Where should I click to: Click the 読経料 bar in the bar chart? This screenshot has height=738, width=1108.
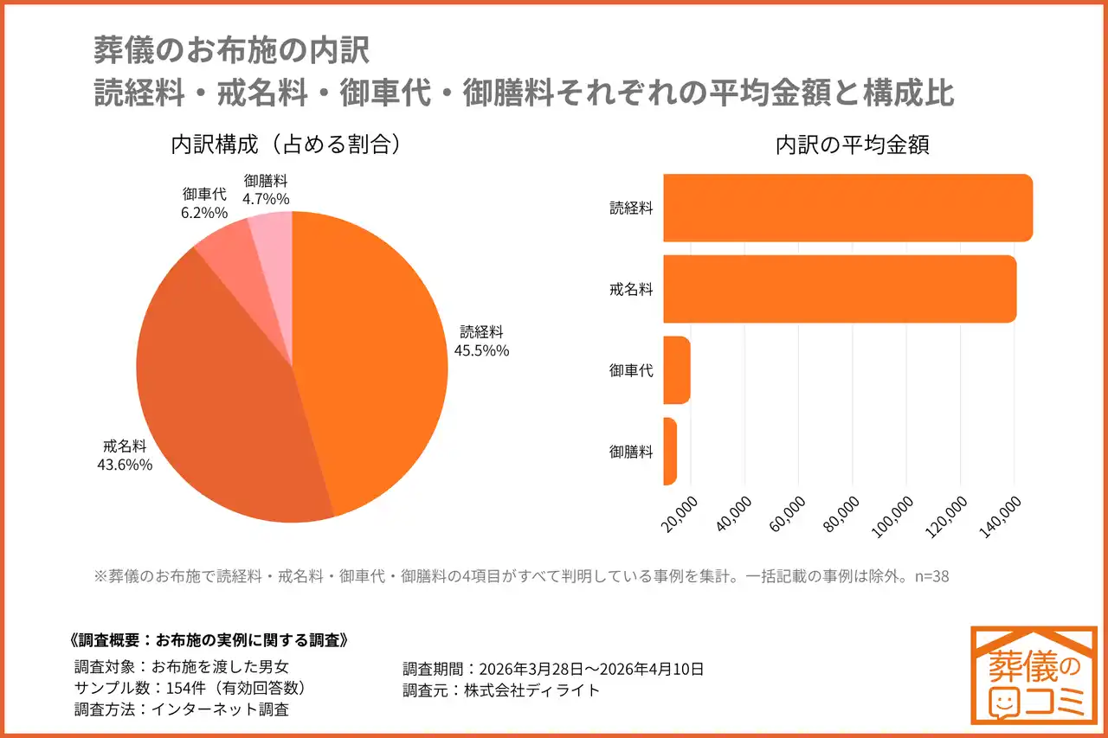coord(847,208)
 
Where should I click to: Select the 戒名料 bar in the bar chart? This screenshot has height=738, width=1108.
coord(839,289)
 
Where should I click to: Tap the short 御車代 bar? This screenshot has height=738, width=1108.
coord(677,369)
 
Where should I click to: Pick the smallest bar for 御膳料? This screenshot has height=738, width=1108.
coord(670,451)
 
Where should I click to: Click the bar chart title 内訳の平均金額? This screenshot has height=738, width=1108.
coord(852,144)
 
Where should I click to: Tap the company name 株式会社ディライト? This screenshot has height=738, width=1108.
coord(531,690)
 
